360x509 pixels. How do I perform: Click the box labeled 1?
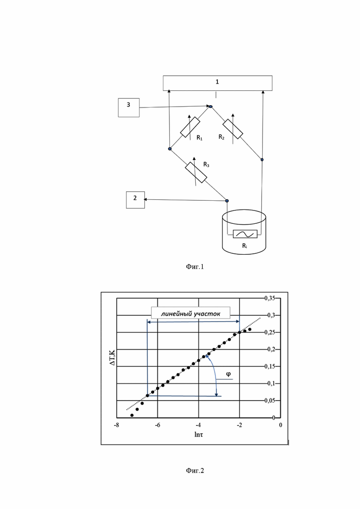coord(217,83)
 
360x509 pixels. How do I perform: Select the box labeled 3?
coord(129,108)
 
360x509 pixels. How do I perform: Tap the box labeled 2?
coord(135,200)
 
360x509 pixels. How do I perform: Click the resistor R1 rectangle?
coord(190,127)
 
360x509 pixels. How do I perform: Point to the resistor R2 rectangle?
coord(233,129)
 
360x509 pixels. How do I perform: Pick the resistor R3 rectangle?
coord(196,173)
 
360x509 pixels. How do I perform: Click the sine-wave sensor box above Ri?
coord(245,234)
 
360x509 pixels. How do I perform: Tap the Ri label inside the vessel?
coord(245,246)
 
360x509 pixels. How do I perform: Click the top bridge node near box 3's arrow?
coord(210,106)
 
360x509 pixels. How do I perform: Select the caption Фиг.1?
coord(195,267)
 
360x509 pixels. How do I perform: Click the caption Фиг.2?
coord(195,470)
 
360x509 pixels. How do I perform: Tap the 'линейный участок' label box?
coord(191,312)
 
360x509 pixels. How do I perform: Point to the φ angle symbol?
coord(228,374)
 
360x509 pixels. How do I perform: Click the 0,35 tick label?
coord(270,298)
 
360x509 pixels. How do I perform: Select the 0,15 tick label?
coord(270,366)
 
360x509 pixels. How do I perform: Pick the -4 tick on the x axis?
coord(198,425)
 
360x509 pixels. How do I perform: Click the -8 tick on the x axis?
coord(116,425)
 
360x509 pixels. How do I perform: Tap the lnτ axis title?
coord(198,434)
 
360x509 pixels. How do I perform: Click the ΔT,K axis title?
coord(112,357)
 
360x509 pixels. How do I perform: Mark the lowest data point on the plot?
coord(132,415)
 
